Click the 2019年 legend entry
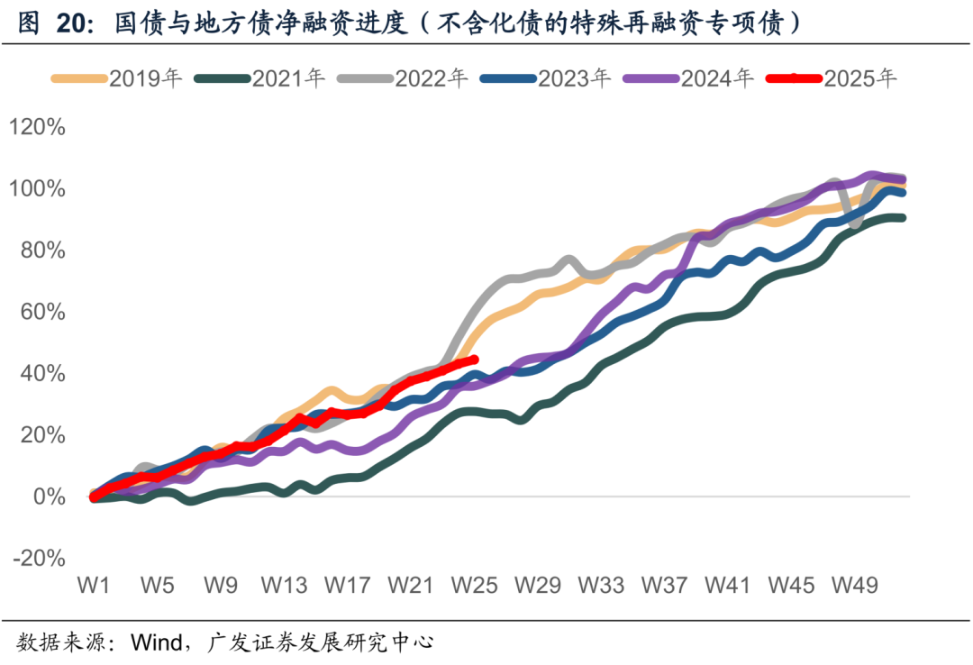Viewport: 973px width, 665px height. (116, 78)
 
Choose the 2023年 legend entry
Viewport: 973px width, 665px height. (546, 78)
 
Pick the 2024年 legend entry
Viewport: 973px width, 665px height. (689, 78)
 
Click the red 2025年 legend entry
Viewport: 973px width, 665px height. (832, 78)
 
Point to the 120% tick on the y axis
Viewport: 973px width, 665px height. (37, 127)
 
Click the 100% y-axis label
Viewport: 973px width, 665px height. (37, 189)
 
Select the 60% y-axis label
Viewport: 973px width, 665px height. (42, 312)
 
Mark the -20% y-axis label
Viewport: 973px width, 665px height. (39, 558)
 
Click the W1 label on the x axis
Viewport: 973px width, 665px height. (94, 586)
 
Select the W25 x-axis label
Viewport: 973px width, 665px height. (474, 586)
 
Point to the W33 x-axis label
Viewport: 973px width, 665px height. (601, 586)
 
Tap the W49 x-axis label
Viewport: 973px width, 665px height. (855, 586)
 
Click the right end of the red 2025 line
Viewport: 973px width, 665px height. (474, 360)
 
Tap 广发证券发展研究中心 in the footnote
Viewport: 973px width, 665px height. (321, 642)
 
